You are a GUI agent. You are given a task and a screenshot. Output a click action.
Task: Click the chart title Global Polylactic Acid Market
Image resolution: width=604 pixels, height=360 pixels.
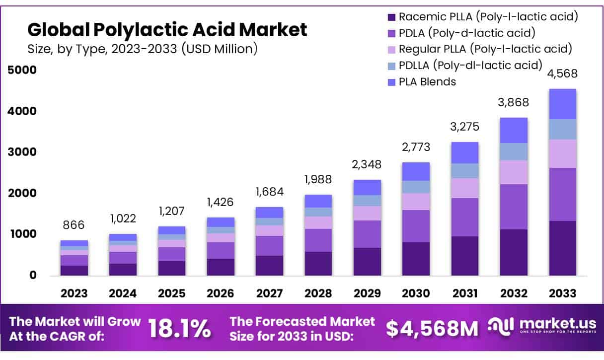point(167,30)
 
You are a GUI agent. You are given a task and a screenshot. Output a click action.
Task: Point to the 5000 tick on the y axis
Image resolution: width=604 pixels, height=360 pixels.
point(22,70)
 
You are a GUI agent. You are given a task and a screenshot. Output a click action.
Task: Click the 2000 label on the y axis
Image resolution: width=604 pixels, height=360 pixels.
point(22,193)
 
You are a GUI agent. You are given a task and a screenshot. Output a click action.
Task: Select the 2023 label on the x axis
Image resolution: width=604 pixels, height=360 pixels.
point(74,293)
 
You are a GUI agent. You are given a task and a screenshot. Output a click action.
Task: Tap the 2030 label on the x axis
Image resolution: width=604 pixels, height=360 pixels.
point(416,293)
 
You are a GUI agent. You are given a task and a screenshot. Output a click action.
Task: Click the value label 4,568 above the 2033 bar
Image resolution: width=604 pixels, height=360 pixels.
point(562,74)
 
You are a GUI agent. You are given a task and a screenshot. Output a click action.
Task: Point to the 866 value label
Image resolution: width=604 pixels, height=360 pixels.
point(74,225)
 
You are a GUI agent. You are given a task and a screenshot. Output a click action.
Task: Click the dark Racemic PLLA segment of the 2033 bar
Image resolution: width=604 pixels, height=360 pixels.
point(562,248)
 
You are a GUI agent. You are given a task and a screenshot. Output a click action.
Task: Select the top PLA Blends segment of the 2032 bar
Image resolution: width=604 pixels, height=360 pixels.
point(514,130)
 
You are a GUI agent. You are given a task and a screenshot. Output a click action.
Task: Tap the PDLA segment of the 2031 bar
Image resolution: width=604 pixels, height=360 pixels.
point(465,217)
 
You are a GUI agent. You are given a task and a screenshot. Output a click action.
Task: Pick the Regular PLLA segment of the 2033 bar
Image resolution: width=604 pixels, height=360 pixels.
point(562,153)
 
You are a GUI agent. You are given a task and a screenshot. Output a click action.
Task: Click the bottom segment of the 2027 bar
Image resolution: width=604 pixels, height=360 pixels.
point(269,265)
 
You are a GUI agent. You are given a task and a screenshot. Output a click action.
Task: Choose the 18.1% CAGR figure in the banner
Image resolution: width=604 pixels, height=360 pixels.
point(179,328)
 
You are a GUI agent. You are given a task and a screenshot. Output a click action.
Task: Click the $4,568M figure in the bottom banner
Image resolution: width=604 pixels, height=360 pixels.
point(432,328)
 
